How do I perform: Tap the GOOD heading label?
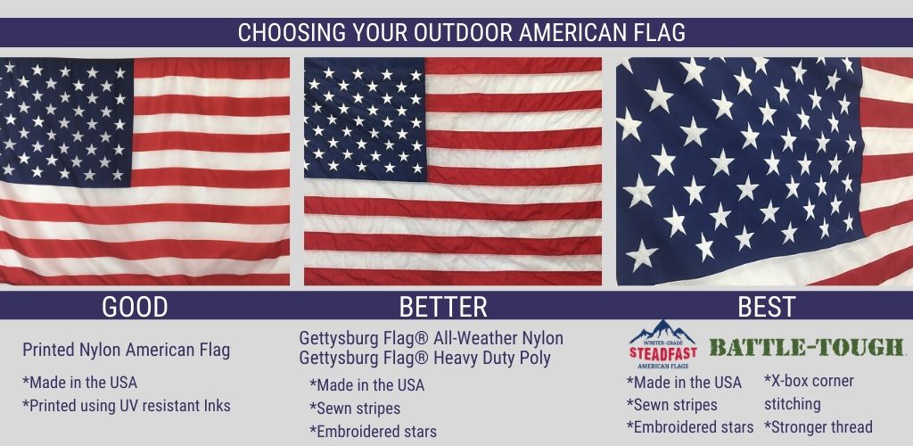click(135, 307)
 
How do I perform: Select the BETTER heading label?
click(443, 307)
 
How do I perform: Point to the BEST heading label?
click(766, 307)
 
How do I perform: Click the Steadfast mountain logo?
click(662, 344)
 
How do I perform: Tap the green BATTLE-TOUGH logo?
click(806, 348)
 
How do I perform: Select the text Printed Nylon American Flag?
click(127, 350)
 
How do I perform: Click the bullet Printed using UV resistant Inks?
click(127, 406)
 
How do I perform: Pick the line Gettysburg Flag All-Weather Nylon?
click(431, 338)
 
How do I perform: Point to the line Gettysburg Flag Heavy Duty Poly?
click(424, 358)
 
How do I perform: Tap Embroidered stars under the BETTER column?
click(374, 432)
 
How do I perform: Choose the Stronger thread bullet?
click(818, 426)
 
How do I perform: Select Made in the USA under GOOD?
click(79, 383)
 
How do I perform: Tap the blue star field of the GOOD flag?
click(66, 121)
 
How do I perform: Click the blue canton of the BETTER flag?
click(365, 120)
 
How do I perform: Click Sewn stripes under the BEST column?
click(672, 405)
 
